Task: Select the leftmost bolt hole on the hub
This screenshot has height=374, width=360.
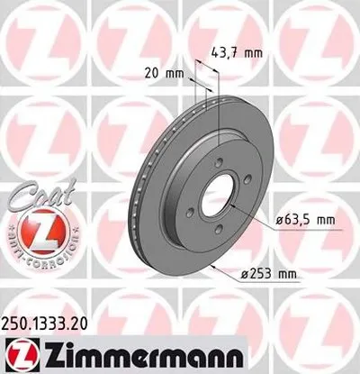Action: tap(191, 213)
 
